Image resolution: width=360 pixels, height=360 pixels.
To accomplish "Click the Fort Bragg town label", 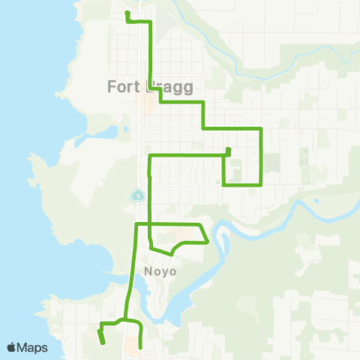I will click(x=150, y=86).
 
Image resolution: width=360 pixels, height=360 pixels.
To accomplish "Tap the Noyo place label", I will click(x=157, y=271).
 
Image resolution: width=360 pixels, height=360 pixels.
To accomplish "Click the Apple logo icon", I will click(x=12, y=347).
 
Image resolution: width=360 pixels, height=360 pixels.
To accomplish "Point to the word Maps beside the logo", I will click(x=33, y=347).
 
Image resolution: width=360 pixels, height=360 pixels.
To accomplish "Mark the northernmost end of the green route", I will click(x=127, y=13).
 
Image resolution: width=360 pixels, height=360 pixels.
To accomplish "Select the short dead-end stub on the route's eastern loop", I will click(x=228, y=151).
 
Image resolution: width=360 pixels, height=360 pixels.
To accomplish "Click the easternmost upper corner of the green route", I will click(x=260, y=129).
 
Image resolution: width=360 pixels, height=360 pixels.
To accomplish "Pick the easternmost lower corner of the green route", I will click(x=260, y=184).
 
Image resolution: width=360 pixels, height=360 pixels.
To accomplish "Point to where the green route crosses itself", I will click(x=151, y=224).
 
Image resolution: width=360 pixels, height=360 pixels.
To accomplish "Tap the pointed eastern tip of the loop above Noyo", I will click(x=207, y=241).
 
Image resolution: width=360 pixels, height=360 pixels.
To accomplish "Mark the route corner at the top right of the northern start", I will click(x=152, y=22).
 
